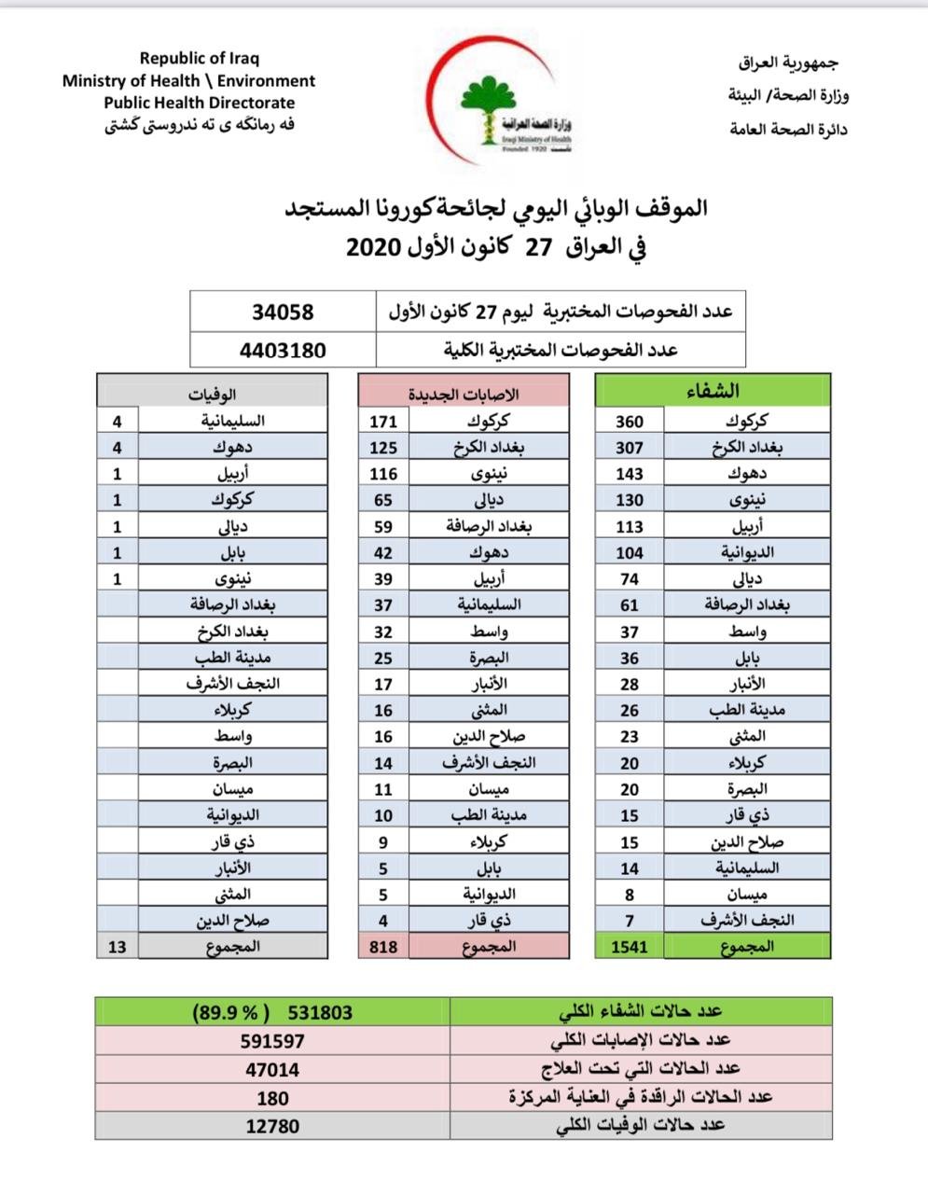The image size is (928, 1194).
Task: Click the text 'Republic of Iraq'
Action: pos(200,59)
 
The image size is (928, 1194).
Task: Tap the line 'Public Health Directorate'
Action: pos(199,103)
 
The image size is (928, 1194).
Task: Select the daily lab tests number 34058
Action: pos(283,312)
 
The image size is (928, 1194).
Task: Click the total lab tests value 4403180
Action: pos(283,351)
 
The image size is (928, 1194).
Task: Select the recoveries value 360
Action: pos(630,421)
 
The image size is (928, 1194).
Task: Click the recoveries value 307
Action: pos(630,447)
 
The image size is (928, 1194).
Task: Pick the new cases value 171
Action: pos(383,421)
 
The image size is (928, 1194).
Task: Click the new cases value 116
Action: pos(383,473)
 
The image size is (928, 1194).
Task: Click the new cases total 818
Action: pos(382,947)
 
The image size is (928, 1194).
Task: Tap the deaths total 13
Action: pos(118,947)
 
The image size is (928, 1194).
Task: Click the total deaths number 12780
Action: pos(272,1126)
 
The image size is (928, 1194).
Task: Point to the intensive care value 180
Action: pos(272,1098)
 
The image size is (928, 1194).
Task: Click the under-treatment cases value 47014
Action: pos(272,1070)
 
